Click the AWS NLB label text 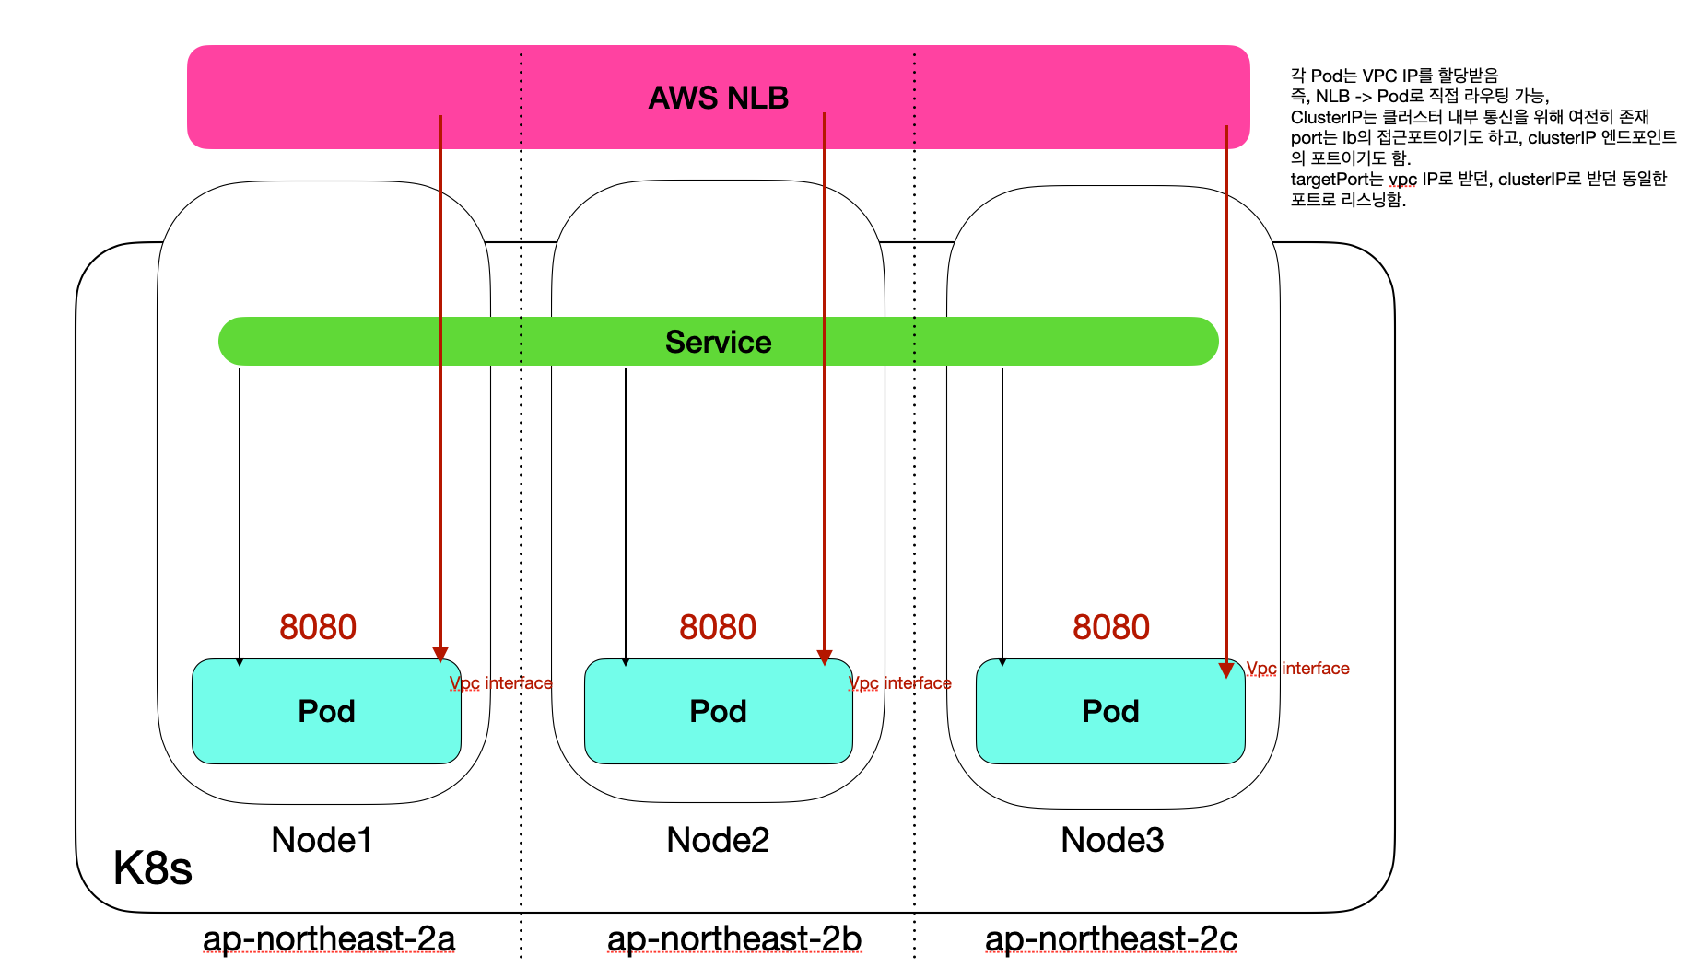pyautogui.click(x=718, y=98)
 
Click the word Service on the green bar pyautogui.click(x=718, y=342)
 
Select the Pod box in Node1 pyautogui.click(x=326, y=711)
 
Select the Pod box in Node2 pyautogui.click(x=718, y=711)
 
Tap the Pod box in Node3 pyautogui.click(x=1110, y=711)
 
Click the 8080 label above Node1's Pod pyautogui.click(x=318, y=627)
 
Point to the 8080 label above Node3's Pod pyautogui.click(x=1111, y=627)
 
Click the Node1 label pyautogui.click(x=322, y=840)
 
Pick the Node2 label pyautogui.click(x=718, y=840)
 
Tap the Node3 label pyautogui.click(x=1112, y=840)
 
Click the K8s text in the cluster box pyautogui.click(x=152, y=868)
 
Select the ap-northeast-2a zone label pyautogui.click(x=329, y=938)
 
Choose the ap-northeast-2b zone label pyautogui.click(x=734, y=938)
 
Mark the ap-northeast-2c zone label pyautogui.click(x=1110, y=938)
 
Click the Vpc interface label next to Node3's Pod pyautogui.click(x=1297, y=669)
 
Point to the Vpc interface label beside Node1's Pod pyautogui.click(x=500, y=683)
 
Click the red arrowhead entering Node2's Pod pyautogui.click(x=825, y=658)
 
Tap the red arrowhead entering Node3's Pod pyautogui.click(x=1226, y=670)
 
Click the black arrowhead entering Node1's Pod pyautogui.click(x=240, y=661)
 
